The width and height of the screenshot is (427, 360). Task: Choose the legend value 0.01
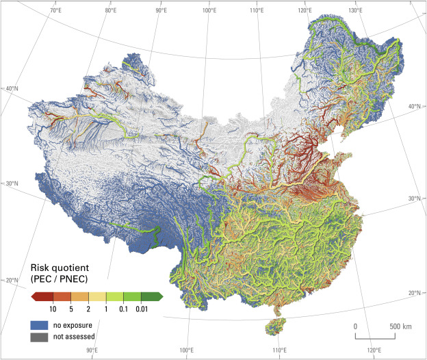(143, 309)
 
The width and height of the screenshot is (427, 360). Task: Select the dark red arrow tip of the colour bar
(34, 296)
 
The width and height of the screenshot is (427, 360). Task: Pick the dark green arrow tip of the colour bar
(160, 296)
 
